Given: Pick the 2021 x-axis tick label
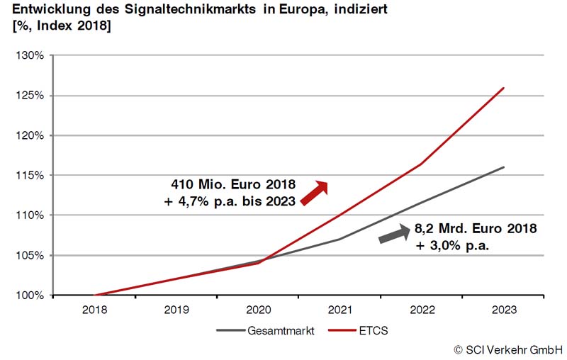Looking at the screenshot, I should click(339, 310).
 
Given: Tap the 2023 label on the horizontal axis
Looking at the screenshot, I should click(503, 310).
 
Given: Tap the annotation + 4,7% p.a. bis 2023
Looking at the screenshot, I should click(228, 201).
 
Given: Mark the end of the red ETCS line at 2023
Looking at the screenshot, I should click(503, 88).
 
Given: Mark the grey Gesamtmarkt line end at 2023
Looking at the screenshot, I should click(503, 167).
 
